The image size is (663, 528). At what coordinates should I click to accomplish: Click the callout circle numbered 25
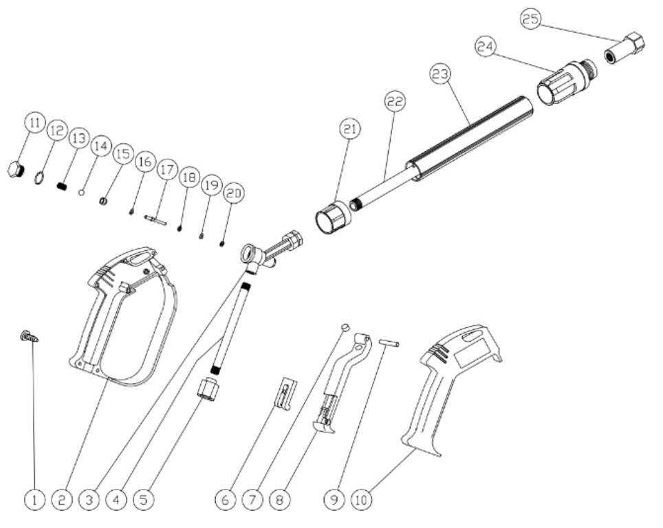(531, 20)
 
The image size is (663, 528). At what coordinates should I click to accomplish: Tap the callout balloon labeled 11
(34, 124)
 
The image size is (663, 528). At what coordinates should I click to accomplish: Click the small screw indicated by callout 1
(30, 336)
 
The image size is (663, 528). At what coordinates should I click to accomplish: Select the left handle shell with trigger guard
(127, 316)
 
